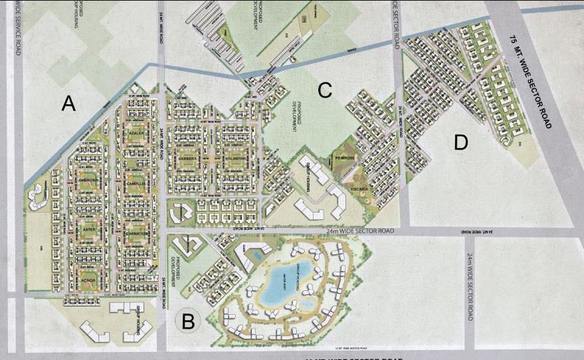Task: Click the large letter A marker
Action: tap(68, 104)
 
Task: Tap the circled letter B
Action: tap(188, 323)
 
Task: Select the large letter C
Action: tap(324, 90)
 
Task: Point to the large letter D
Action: tap(461, 141)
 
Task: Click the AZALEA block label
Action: tap(138, 134)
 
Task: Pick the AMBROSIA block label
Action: tap(88, 181)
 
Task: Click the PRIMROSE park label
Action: tap(346, 159)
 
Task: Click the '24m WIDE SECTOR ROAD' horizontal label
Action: tap(359, 231)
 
